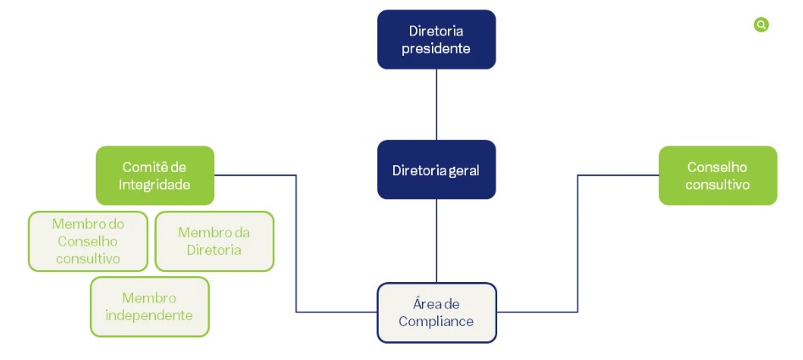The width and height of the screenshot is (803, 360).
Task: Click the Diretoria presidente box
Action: pyautogui.click(x=436, y=40)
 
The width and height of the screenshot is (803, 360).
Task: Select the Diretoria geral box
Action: pyautogui.click(x=436, y=169)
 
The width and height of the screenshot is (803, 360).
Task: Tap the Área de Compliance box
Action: pyautogui.click(x=437, y=313)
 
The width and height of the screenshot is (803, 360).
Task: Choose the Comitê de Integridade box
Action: pyautogui.click(x=155, y=175)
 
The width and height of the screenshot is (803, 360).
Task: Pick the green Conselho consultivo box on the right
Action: pyautogui.click(x=717, y=175)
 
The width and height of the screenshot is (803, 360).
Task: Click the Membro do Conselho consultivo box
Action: pyautogui.click(x=88, y=241)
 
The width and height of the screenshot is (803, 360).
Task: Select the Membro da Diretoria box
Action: pyautogui.click(x=214, y=241)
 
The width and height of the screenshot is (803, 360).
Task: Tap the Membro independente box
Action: pyautogui.click(x=150, y=307)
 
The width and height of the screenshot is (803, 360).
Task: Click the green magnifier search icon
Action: pyautogui.click(x=761, y=25)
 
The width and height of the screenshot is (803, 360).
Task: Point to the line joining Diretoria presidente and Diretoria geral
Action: pyautogui.click(x=436, y=104)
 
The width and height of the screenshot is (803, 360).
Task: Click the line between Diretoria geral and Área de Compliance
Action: pyautogui.click(x=436, y=241)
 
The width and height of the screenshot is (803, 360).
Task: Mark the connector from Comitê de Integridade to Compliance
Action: pyautogui.click(x=296, y=243)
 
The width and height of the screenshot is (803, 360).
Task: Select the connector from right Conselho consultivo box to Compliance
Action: pyautogui.click(x=578, y=243)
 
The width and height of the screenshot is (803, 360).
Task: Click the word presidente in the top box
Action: pyautogui.click(x=436, y=48)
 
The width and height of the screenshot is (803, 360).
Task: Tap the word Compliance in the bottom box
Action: pyautogui.click(x=436, y=322)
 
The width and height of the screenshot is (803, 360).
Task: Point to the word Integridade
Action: pyautogui.click(x=155, y=185)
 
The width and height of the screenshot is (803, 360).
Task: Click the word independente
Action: pyautogui.click(x=150, y=315)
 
